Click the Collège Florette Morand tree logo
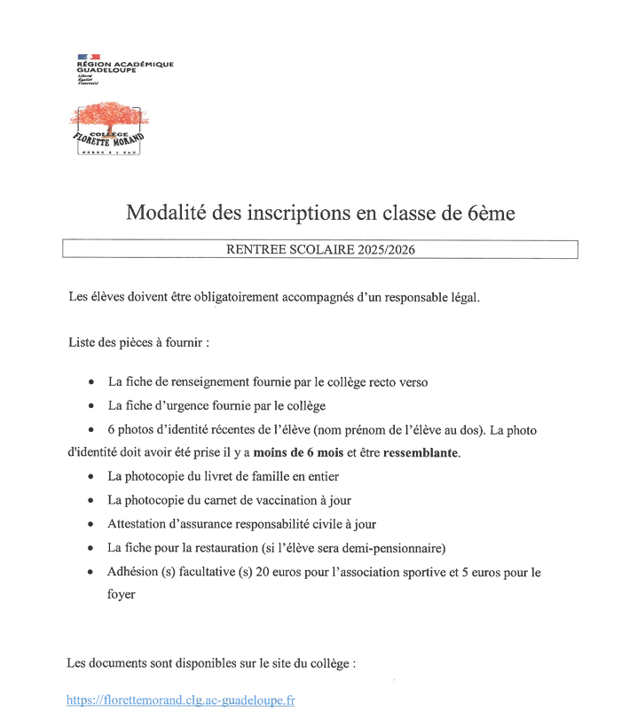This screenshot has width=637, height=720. click(x=109, y=128)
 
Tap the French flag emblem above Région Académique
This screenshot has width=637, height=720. click(x=88, y=57)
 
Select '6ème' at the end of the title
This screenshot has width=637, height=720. click(x=491, y=213)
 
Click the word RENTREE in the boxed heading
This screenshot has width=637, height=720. click(x=256, y=250)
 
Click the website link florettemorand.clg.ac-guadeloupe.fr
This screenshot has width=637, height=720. click(x=180, y=700)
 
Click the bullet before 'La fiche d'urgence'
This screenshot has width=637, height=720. click(x=92, y=406)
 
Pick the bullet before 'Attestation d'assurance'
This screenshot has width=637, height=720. click(x=92, y=524)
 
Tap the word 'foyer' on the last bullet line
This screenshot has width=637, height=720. click(x=122, y=594)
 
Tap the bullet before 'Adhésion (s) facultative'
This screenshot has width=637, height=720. click(x=92, y=572)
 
